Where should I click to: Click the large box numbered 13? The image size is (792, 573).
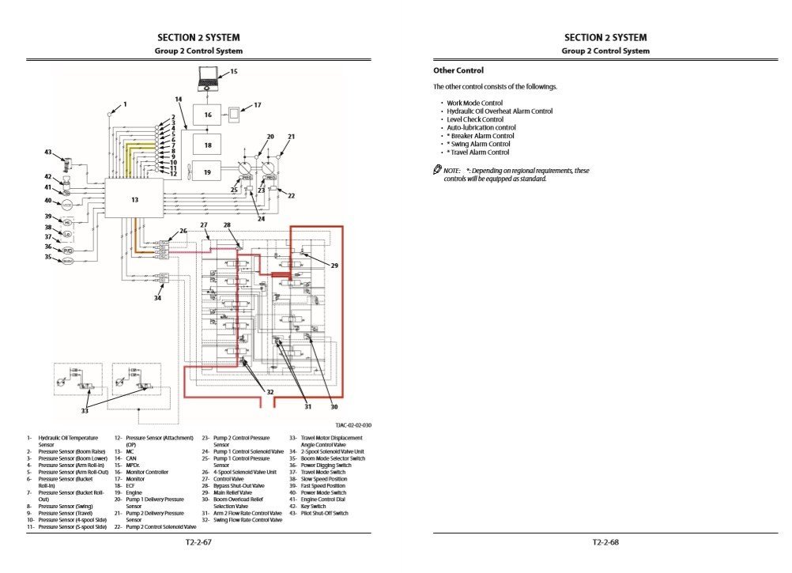(x=134, y=199)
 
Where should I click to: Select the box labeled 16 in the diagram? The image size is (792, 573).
(x=207, y=115)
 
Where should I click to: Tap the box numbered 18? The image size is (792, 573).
(x=207, y=145)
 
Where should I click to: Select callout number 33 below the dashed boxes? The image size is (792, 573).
(x=85, y=410)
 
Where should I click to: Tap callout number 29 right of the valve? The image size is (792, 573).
(x=334, y=266)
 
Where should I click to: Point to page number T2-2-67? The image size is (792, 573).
(x=198, y=542)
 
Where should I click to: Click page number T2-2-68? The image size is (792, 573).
(x=605, y=542)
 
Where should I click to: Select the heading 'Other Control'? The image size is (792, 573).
(x=458, y=70)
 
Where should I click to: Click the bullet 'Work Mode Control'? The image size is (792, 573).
(x=474, y=103)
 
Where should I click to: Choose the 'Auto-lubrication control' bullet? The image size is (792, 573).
(x=481, y=127)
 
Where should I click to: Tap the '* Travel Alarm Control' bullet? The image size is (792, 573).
(x=477, y=153)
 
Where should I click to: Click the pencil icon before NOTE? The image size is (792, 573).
(x=437, y=170)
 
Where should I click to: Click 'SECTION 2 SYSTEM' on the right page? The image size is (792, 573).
(x=605, y=37)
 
